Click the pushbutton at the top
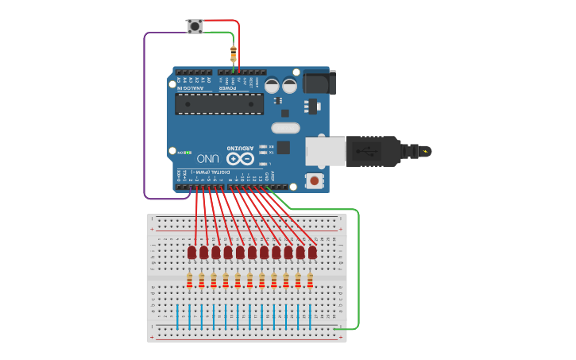(194, 27)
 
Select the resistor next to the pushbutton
(233, 54)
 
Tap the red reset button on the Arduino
(315, 181)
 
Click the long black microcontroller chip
(219, 103)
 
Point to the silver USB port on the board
(326, 153)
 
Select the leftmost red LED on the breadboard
(192, 252)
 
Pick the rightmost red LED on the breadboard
(313, 252)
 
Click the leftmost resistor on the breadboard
(190, 280)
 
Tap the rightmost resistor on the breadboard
(310, 280)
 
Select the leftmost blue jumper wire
(189, 315)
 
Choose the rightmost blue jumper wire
(310, 315)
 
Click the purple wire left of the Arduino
(144, 119)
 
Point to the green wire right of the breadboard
(359, 270)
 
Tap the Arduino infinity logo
(241, 158)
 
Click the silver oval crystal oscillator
(285, 127)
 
